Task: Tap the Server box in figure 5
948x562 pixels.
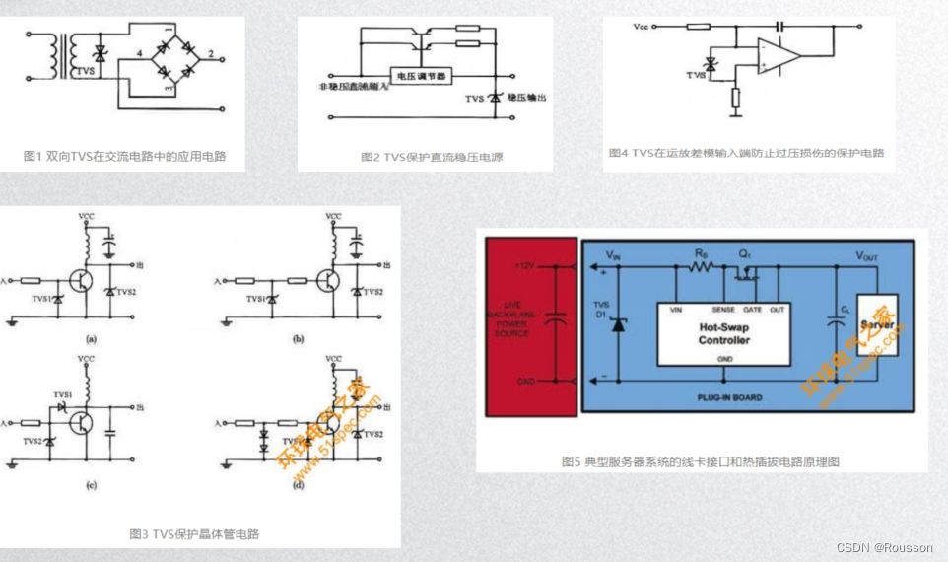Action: pyautogui.click(x=876, y=325)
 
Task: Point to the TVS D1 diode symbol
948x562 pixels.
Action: pyautogui.click(x=618, y=325)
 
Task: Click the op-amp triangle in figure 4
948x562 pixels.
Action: pyautogui.click(x=779, y=55)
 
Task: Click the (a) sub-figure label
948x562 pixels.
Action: pyautogui.click(x=91, y=338)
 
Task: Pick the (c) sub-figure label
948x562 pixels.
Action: pyautogui.click(x=91, y=485)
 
